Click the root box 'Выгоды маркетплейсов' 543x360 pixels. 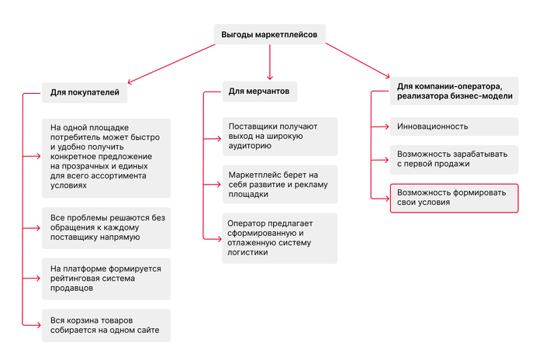[x=269, y=34]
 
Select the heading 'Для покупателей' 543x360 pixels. [x=85, y=92]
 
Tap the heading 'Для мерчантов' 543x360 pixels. [x=259, y=91]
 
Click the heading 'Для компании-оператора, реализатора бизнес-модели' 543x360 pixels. [x=455, y=90]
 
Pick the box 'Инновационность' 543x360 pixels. [x=453, y=126]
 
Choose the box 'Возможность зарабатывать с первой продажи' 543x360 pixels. [x=453, y=159]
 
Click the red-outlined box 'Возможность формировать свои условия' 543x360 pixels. [x=453, y=198]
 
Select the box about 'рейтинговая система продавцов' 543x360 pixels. [x=106, y=279]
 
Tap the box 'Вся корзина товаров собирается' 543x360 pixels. [x=106, y=324]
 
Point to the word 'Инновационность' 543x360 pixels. [x=432, y=126]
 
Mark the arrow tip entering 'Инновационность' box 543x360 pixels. [x=387, y=126]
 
